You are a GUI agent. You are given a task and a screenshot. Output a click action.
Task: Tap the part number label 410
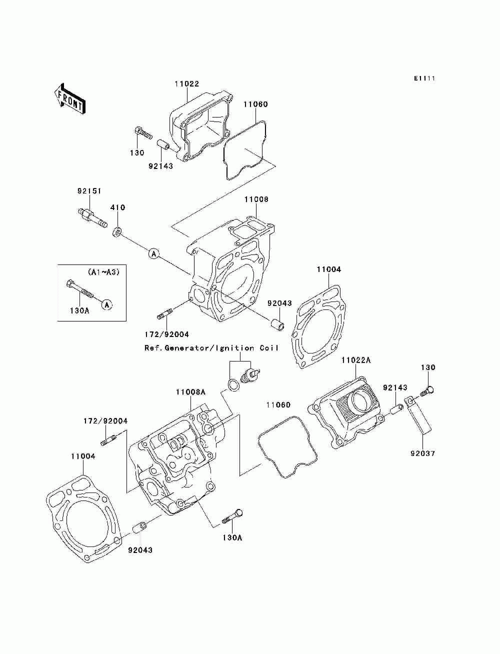click(x=118, y=207)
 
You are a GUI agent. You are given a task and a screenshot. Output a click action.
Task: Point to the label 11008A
click(x=190, y=392)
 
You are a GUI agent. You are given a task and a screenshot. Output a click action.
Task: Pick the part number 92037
click(x=422, y=454)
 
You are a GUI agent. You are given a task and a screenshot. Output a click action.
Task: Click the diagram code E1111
click(x=424, y=78)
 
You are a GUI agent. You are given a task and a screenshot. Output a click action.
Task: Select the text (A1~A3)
click(x=103, y=272)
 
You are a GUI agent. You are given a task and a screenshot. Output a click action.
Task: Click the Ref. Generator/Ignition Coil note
click(x=211, y=348)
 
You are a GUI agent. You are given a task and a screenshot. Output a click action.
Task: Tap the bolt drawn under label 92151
click(x=92, y=219)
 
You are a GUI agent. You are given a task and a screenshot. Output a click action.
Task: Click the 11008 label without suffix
click(x=256, y=199)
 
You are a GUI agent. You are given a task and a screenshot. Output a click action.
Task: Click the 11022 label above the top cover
click(x=186, y=84)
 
